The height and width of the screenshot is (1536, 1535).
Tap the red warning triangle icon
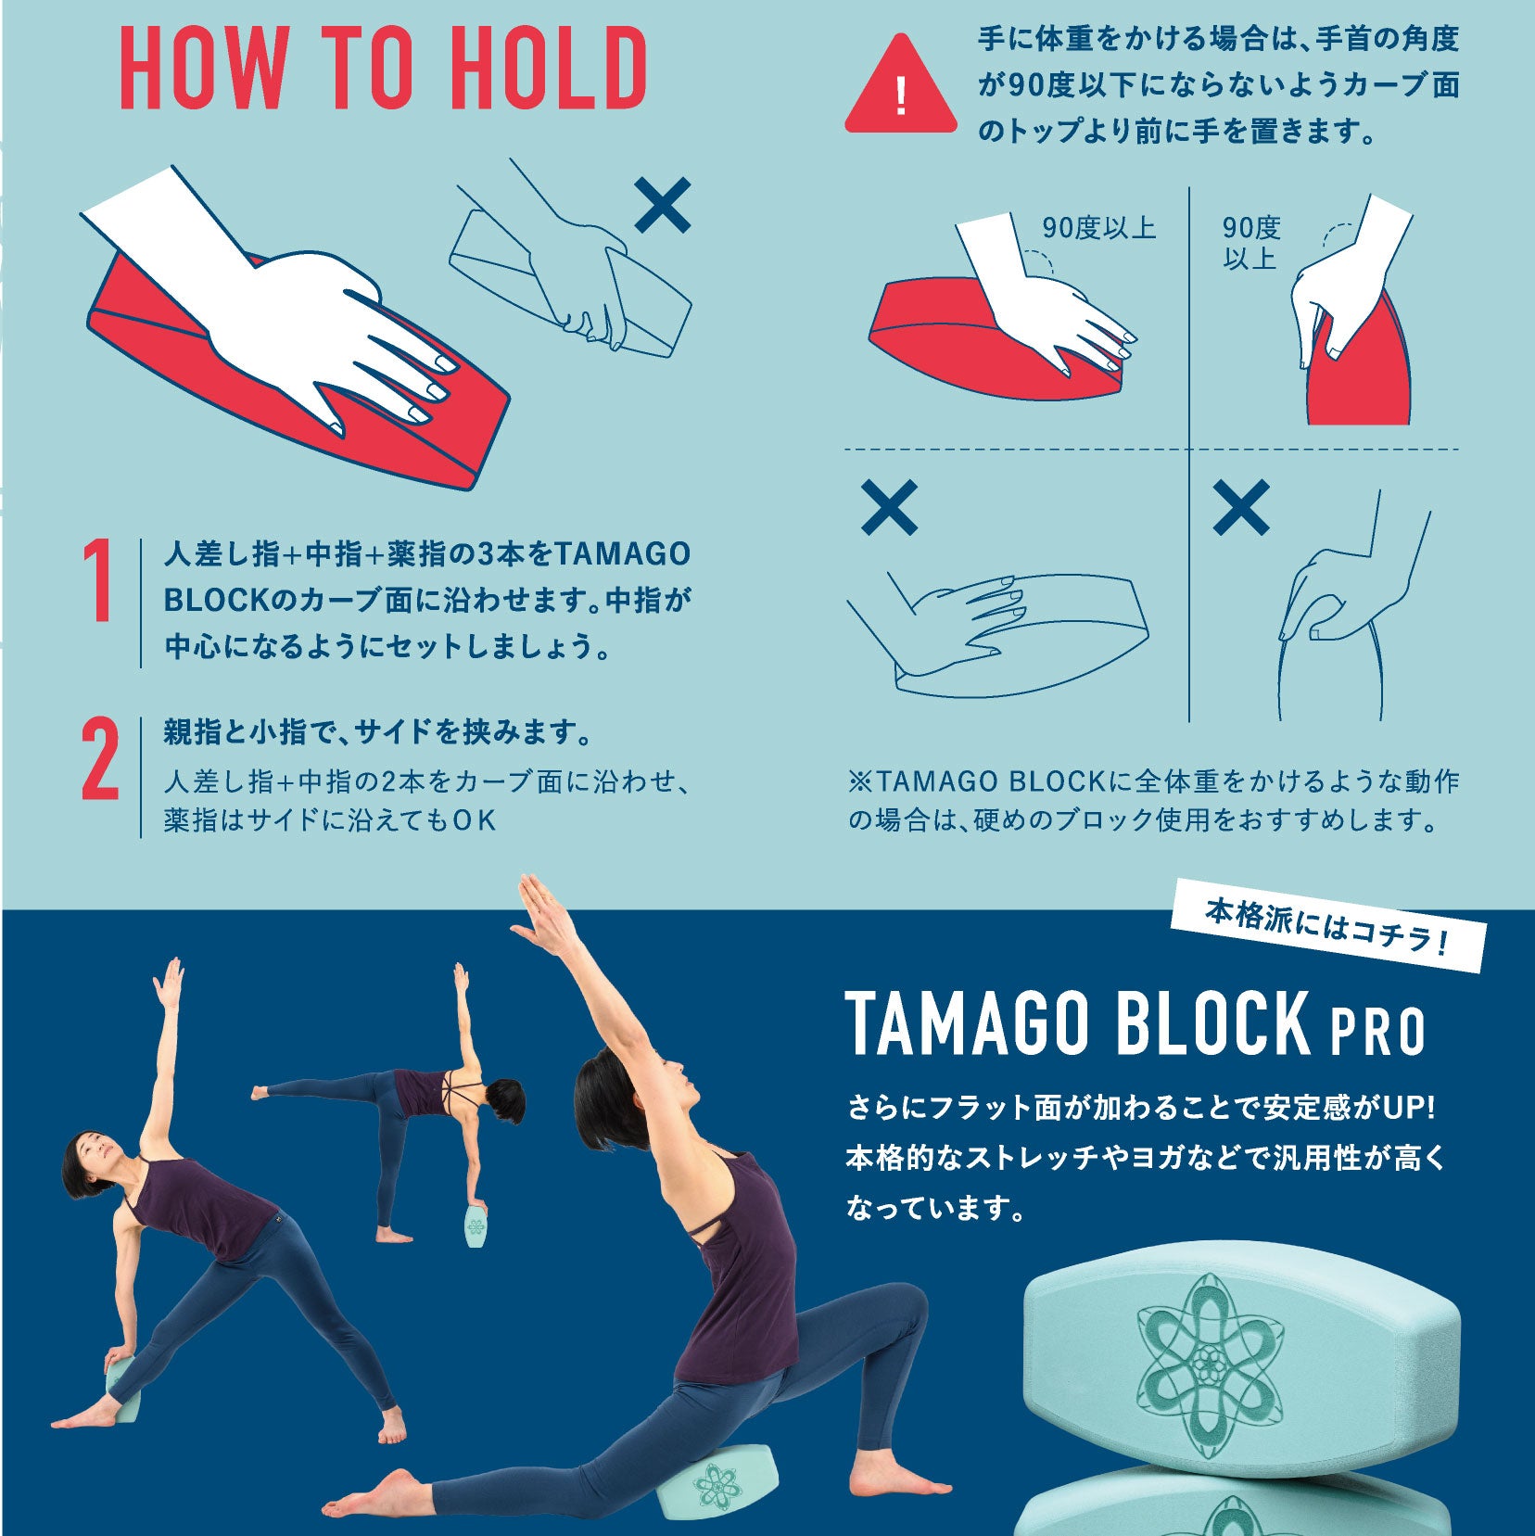coord(900,84)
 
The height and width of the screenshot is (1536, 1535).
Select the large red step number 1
coord(99,581)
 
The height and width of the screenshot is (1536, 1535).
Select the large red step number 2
coord(99,759)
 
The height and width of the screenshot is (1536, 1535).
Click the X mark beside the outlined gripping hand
coord(663,205)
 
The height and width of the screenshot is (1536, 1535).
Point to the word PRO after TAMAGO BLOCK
coord(1378,1032)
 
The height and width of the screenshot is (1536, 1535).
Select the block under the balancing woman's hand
coord(476,1226)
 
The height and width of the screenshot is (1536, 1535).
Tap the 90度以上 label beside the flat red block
coord(1098,228)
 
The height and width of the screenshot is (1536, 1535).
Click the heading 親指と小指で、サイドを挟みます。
coord(378,732)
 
